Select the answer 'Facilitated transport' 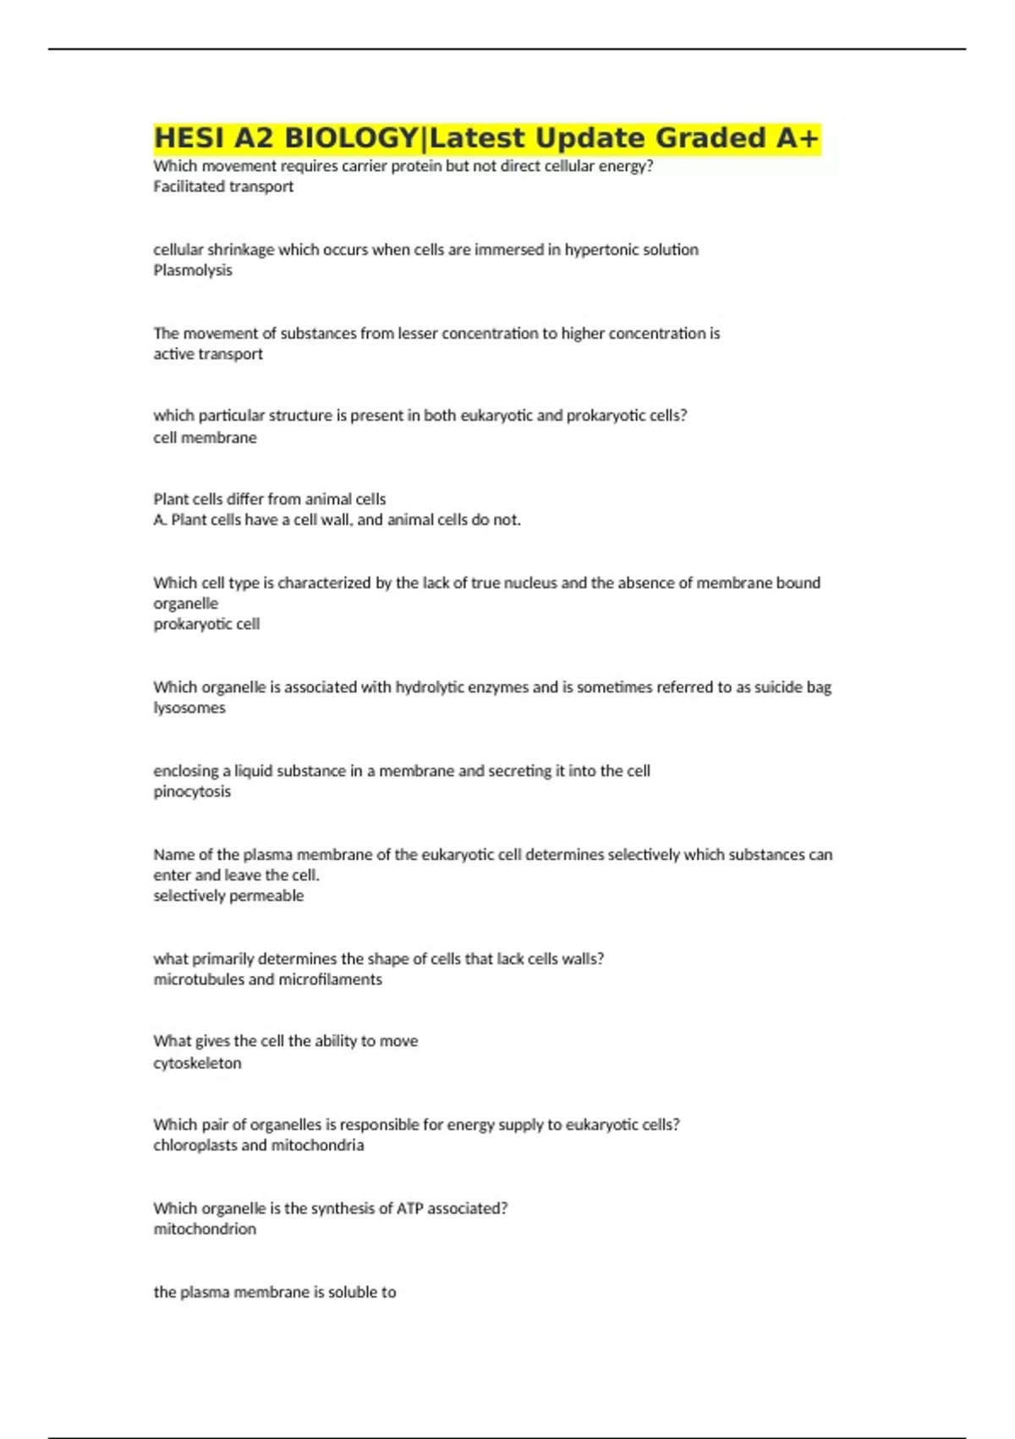click(223, 186)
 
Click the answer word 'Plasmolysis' click(193, 270)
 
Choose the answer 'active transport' click(208, 354)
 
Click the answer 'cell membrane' click(205, 438)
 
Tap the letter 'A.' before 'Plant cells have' click(160, 520)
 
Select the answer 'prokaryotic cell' click(206, 624)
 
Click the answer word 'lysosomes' click(189, 708)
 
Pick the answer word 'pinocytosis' click(192, 791)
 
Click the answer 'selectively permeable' click(228, 896)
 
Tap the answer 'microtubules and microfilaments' click(267, 979)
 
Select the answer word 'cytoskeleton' click(197, 1063)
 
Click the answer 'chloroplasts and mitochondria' click(259, 1145)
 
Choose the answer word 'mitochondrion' click(205, 1229)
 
